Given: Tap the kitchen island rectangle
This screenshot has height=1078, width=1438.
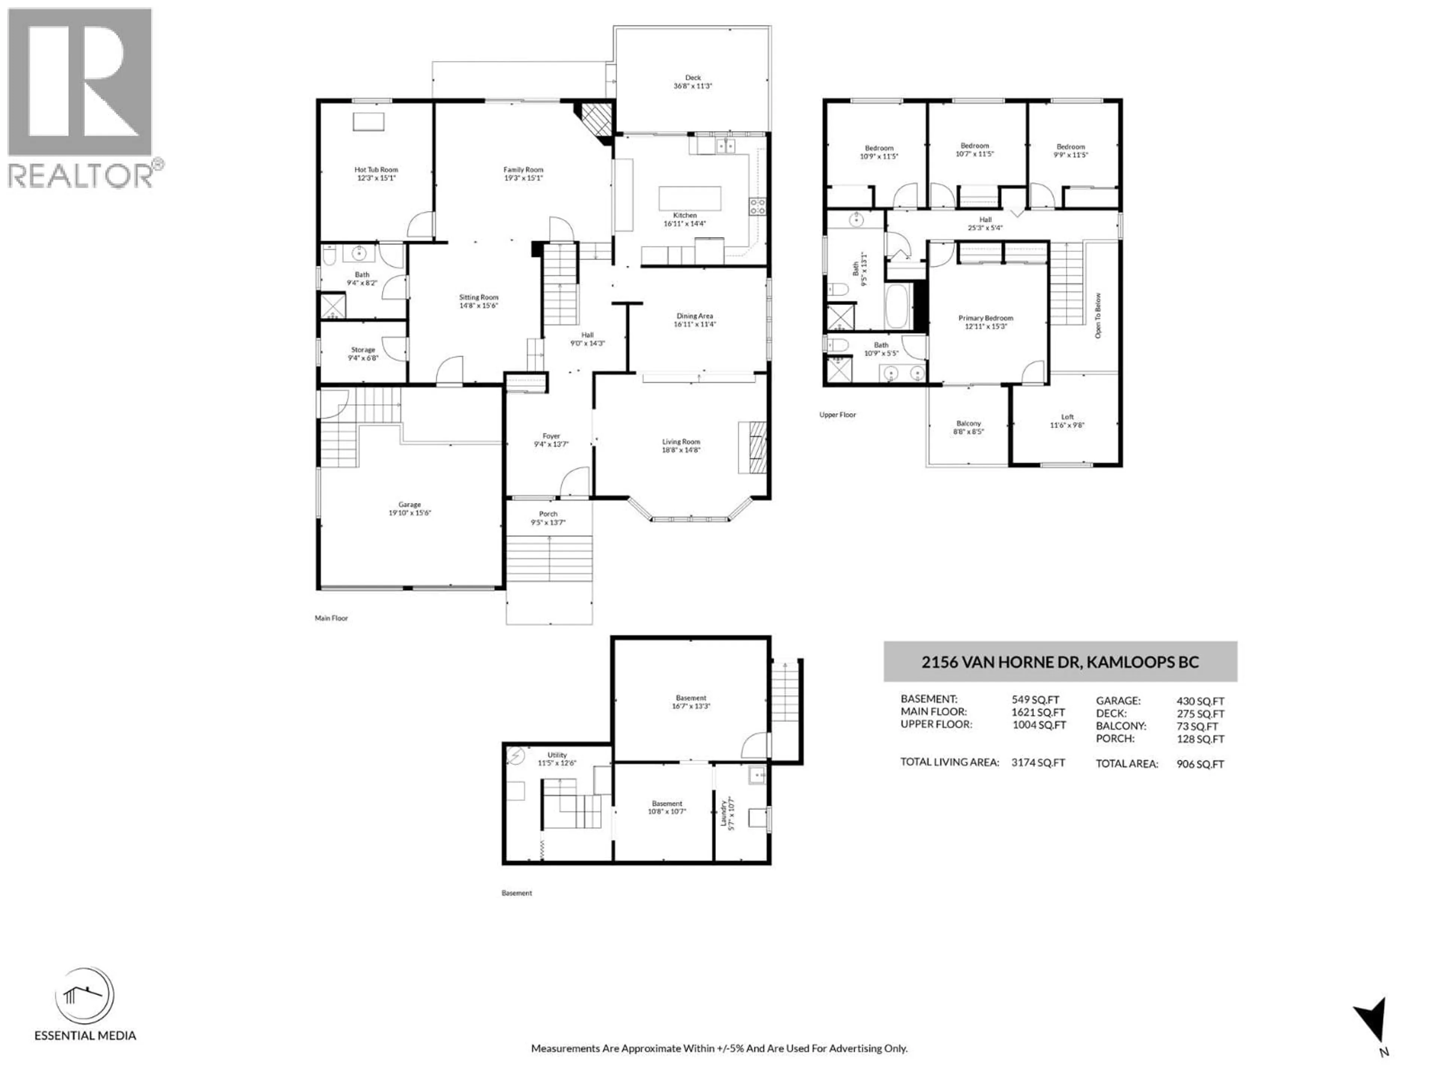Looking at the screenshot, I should click(x=690, y=198).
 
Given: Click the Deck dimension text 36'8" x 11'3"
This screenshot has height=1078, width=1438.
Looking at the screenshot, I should click(x=693, y=86).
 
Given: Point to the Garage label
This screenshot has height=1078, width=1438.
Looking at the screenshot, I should click(x=410, y=504).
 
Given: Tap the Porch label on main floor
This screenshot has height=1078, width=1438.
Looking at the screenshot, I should click(x=548, y=514).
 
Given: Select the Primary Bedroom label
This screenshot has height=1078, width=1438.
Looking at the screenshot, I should click(x=986, y=319).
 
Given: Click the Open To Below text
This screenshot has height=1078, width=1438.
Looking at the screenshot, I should click(x=1098, y=316).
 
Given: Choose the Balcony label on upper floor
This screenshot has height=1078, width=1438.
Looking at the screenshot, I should click(x=969, y=424).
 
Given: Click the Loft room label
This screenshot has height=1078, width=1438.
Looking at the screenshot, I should click(x=1067, y=417).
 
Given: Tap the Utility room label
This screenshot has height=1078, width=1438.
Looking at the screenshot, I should click(x=557, y=755).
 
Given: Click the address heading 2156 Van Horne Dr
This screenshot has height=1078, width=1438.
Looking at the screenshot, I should click(x=1060, y=662).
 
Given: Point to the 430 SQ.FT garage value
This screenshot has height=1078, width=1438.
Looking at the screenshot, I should click(x=1200, y=701).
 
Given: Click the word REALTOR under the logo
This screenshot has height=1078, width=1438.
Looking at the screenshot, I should click(x=81, y=176).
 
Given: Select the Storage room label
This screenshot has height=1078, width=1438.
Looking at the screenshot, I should click(x=363, y=350).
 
